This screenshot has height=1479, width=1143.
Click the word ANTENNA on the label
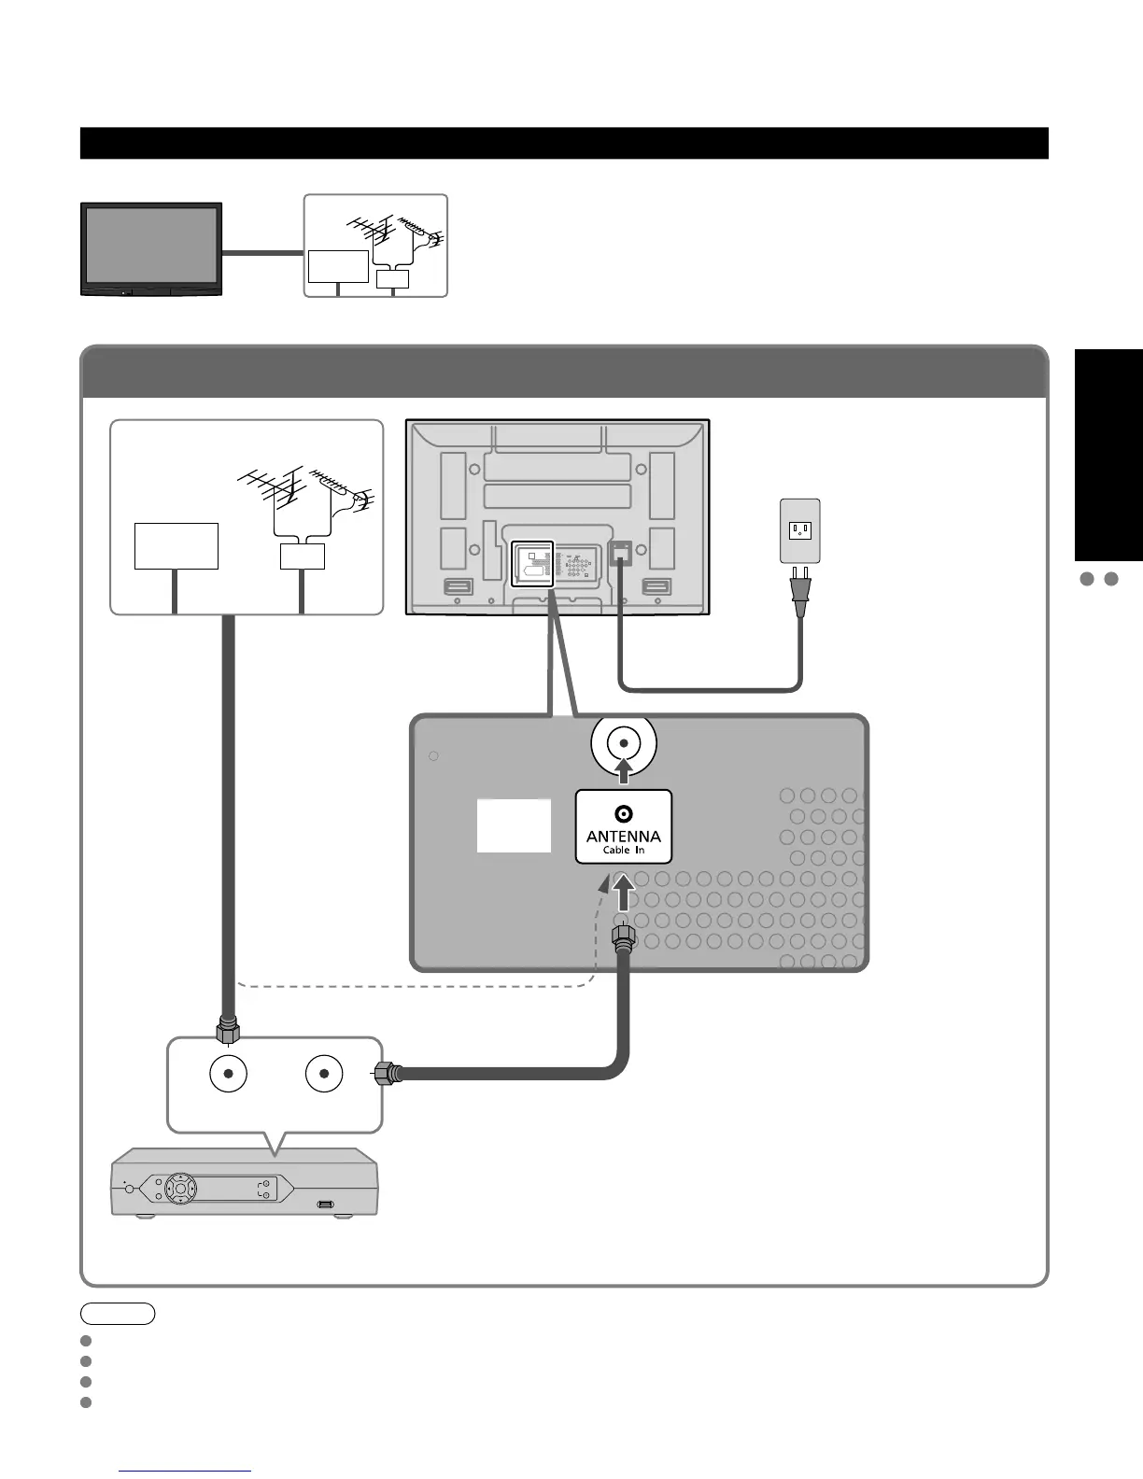pos(623,836)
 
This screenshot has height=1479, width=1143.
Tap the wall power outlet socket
pos(800,530)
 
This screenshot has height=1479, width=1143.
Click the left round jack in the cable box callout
pos(228,1074)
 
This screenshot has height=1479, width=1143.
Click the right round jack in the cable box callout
pos(324,1074)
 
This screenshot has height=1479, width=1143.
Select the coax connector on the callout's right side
pos(387,1074)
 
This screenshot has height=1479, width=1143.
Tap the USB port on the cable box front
pos(326,1204)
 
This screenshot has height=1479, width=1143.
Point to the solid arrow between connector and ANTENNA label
pos(623,894)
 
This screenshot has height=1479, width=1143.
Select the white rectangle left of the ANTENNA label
pos(514,825)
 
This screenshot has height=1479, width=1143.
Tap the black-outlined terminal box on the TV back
pos(533,564)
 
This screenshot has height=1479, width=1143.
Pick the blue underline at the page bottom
pos(186,1471)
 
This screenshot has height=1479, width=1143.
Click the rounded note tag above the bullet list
pos(118,1314)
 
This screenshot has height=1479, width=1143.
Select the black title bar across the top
pos(564,144)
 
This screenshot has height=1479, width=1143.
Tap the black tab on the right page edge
pos(1108,455)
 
